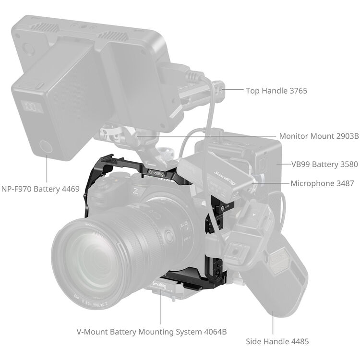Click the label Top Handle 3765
coord(276,90)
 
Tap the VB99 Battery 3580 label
coord(324,164)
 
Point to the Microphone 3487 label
coord(322,183)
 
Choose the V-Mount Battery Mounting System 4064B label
coord(152,332)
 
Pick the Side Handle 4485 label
coord(277,342)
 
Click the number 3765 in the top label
coord(297,90)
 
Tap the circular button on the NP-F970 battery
coord(44,147)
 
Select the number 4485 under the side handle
coord(298,342)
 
